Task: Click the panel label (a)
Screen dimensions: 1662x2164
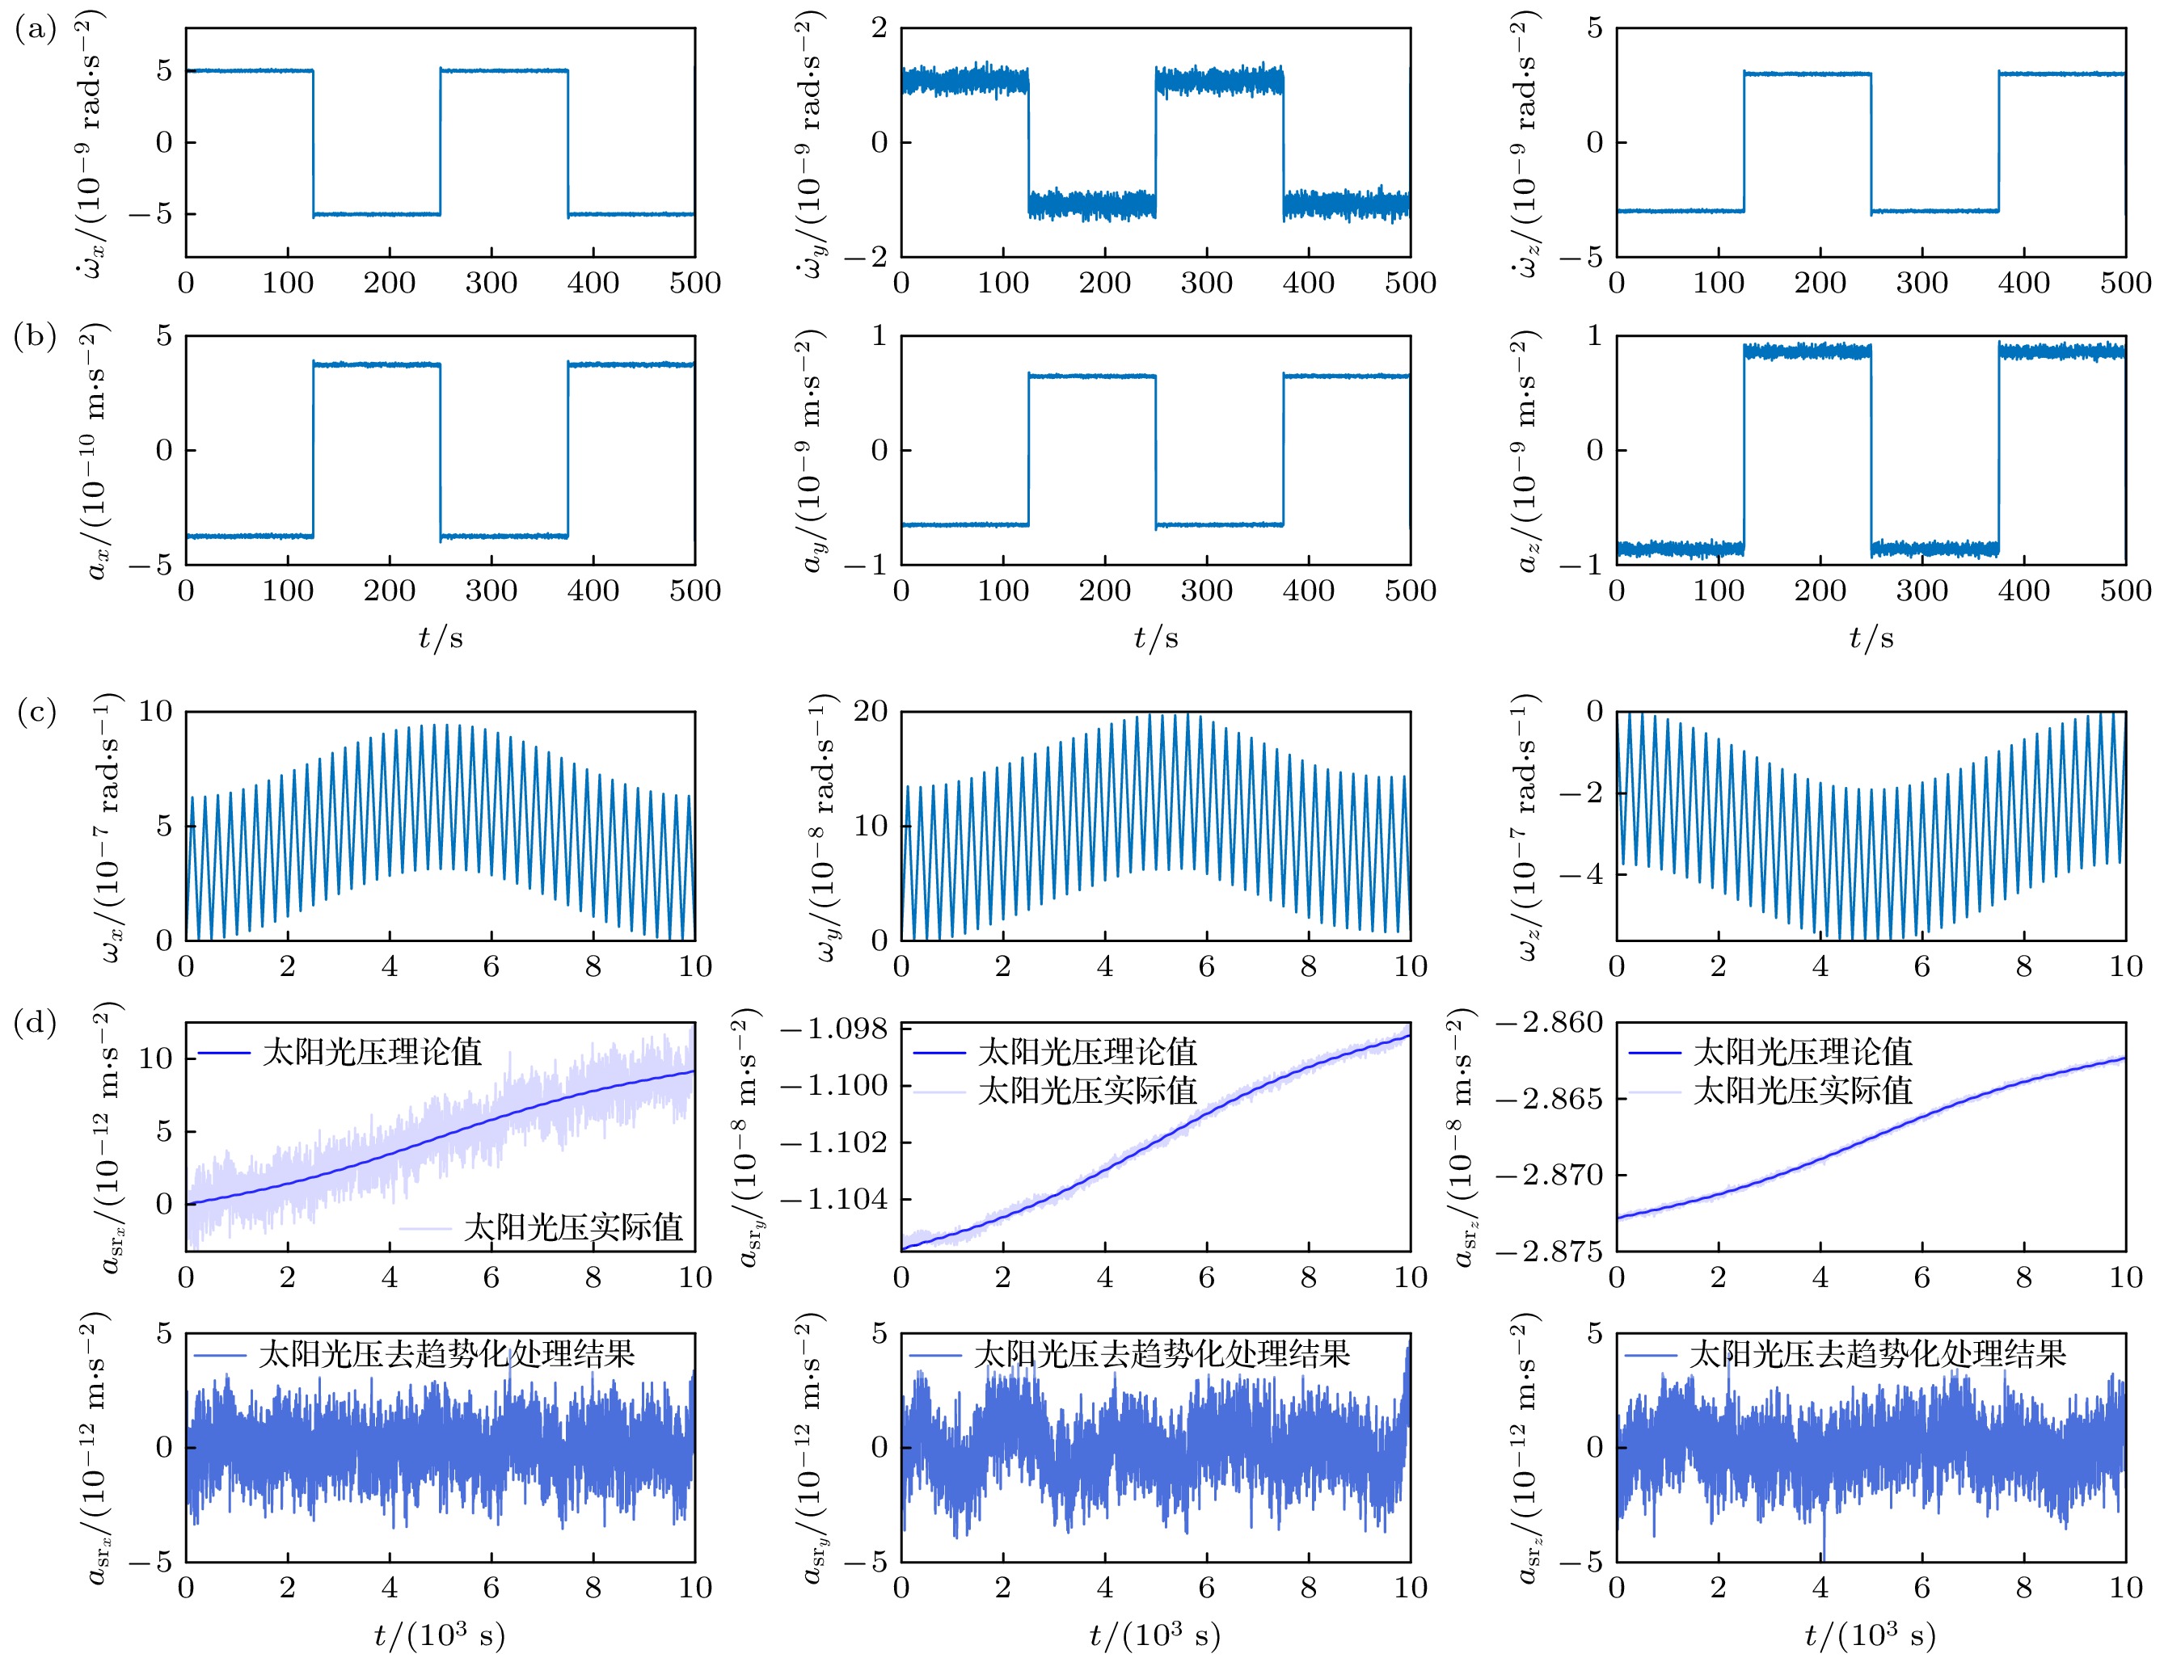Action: (36, 30)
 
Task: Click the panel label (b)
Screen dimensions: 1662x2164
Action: (36, 338)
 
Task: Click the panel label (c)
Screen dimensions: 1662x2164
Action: (36, 713)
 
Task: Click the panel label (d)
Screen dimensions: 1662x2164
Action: (36, 1023)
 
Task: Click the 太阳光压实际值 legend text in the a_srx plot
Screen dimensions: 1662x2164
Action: (573, 1227)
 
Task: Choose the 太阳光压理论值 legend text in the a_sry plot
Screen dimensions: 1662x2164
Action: (1087, 1052)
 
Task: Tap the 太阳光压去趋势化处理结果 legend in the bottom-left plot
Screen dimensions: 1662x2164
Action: (446, 1353)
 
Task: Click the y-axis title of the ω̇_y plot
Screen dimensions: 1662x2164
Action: (810, 144)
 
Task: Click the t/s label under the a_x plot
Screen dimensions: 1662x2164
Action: (441, 638)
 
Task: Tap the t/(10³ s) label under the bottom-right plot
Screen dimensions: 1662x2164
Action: (1870, 1635)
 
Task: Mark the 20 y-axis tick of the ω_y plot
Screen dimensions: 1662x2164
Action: (871, 713)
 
